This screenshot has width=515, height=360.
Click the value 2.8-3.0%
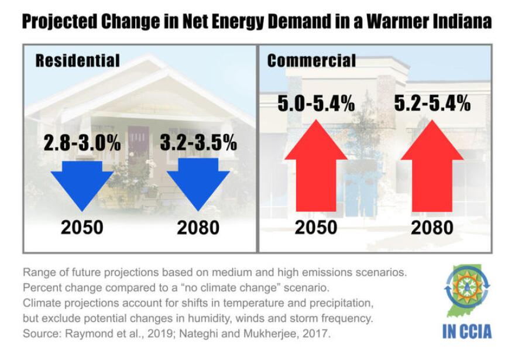pos(83,142)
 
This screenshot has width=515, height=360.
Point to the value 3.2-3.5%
pos(199,142)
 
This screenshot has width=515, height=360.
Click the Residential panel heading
pos(77,60)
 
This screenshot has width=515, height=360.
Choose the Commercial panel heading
pos(311,60)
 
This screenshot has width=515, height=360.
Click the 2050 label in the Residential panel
pos(83,227)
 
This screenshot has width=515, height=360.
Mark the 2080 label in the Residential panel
pos(199,227)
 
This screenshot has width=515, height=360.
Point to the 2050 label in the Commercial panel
pos(316,227)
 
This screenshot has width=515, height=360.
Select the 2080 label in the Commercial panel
pos(432,227)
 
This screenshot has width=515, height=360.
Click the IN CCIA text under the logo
pos(466,331)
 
